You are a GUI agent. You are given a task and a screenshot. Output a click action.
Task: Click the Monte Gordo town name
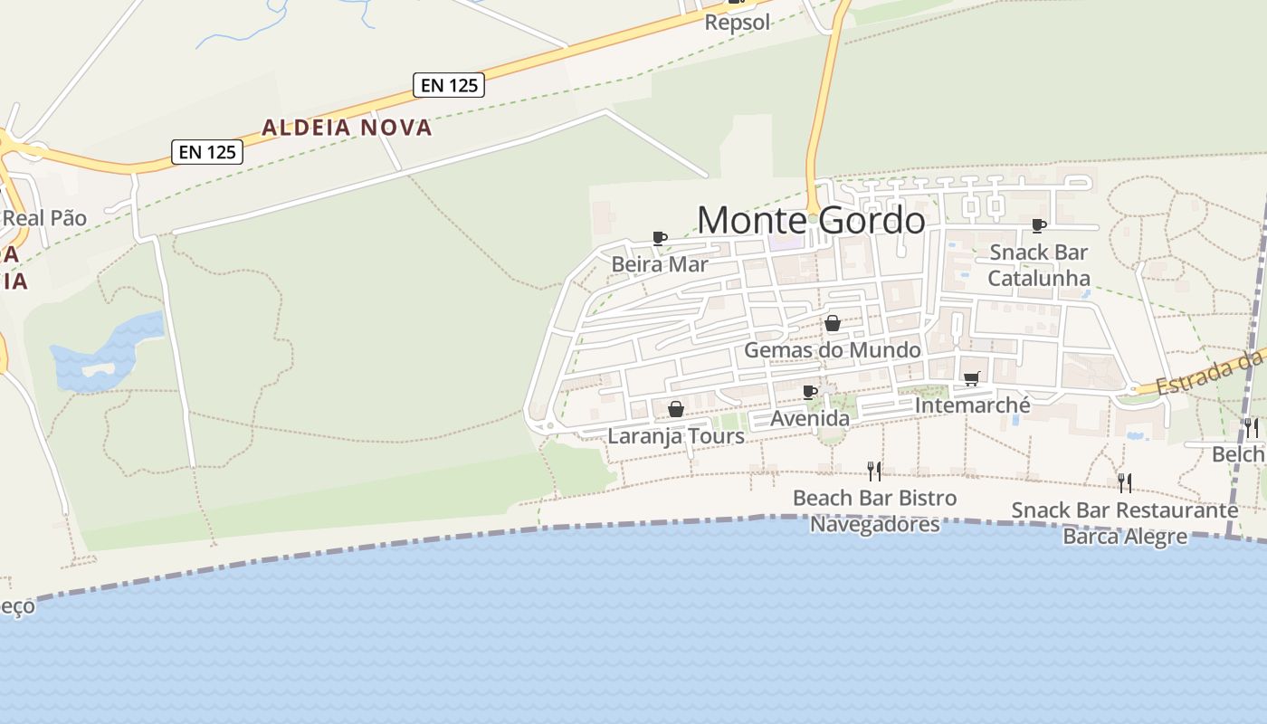tap(811, 220)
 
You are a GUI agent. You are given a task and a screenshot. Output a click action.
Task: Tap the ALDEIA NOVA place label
tap(347, 128)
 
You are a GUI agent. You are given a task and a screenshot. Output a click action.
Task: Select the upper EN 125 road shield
tap(450, 85)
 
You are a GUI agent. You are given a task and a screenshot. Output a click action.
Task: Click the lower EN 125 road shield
tap(207, 152)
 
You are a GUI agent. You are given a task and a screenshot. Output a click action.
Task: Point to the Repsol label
tap(738, 22)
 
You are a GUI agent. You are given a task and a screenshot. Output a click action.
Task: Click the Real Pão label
tap(44, 218)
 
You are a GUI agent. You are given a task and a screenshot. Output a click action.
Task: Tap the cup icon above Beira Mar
tap(660, 238)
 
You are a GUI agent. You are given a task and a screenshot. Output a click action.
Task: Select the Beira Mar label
tap(660, 264)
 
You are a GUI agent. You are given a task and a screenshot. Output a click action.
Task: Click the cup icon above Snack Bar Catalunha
tap(1038, 225)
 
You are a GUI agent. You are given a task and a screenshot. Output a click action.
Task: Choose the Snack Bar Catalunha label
tap(1038, 265)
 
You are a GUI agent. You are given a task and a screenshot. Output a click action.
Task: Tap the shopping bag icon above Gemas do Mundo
tap(833, 323)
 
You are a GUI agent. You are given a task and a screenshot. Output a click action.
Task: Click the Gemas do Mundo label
tap(833, 350)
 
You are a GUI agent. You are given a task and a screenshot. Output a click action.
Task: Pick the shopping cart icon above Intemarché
tap(972, 378)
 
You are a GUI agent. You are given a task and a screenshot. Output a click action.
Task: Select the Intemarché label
tap(972, 405)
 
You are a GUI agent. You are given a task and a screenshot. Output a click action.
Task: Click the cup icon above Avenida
tap(810, 392)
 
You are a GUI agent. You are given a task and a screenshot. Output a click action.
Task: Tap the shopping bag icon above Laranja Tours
tap(675, 409)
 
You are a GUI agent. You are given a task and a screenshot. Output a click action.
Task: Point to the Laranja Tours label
tap(676, 436)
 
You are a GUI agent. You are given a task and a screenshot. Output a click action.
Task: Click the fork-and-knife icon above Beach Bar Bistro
tap(874, 471)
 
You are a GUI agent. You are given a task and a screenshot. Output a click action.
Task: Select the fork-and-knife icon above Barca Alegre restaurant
tap(1124, 482)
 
